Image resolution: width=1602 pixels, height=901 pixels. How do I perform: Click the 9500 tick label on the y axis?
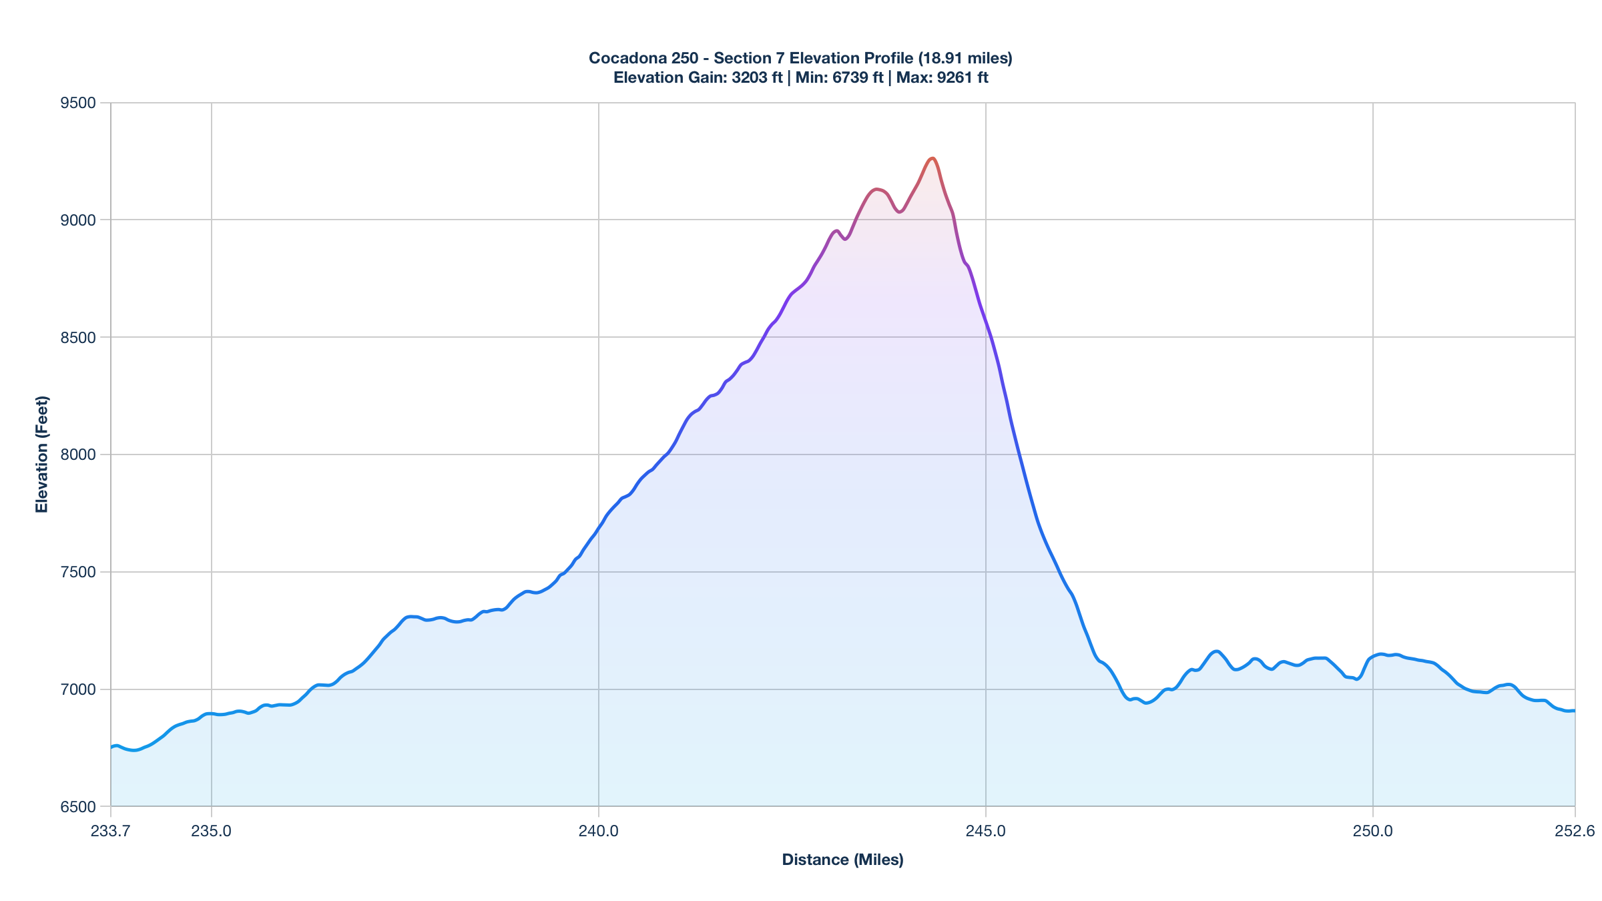coord(78,103)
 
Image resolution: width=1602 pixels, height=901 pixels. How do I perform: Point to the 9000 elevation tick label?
coord(78,220)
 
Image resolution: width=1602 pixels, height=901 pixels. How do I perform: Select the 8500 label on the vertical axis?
coord(78,338)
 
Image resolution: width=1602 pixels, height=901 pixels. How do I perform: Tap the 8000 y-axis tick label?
coord(78,455)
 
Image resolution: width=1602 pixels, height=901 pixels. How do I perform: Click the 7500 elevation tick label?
coord(78,572)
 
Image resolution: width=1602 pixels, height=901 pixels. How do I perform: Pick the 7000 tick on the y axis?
coord(78,689)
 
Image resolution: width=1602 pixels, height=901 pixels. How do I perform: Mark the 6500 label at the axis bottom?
coord(78,807)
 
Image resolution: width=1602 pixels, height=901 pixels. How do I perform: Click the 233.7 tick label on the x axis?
coord(111,831)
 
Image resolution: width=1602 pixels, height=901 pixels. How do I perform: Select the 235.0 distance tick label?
coord(212,831)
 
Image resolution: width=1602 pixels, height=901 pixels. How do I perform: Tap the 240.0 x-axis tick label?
coord(599,831)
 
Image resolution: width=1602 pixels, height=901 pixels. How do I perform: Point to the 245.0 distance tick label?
coord(986,831)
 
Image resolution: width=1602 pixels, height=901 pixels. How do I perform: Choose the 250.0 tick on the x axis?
coord(1373,831)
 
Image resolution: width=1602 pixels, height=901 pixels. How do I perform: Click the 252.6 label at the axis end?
coord(1575,831)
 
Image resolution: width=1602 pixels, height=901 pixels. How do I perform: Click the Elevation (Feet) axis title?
coord(42,455)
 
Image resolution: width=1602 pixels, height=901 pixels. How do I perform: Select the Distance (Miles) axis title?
coord(842,860)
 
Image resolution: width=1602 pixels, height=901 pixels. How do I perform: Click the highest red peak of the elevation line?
coord(932,158)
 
